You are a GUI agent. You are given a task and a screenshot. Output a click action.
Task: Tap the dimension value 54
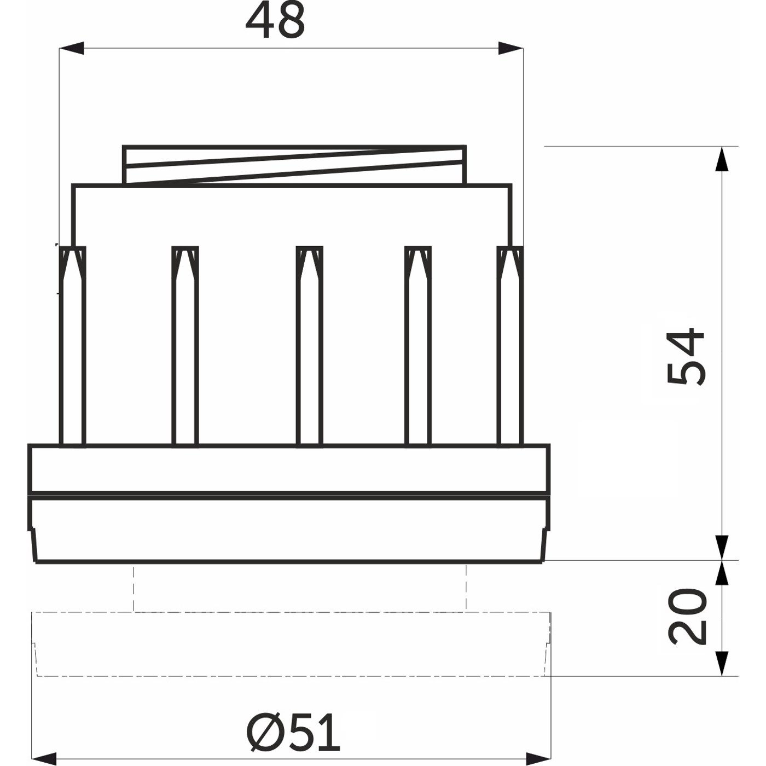pyautogui.click(x=686, y=357)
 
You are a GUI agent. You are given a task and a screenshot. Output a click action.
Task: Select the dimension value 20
pyautogui.click(x=687, y=617)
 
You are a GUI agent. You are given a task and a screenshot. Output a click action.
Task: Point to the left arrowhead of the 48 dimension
pyautogui.click(x=72, y=48)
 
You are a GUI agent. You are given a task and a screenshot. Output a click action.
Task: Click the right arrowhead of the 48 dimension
pyautogui.click(x=511, y=48)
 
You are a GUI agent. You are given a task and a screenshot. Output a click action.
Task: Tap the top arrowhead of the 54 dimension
pyautogui.click(x=722, y=159)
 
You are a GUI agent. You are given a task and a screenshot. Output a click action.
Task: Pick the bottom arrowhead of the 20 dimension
pyautogui.click(x=722, y=664)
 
